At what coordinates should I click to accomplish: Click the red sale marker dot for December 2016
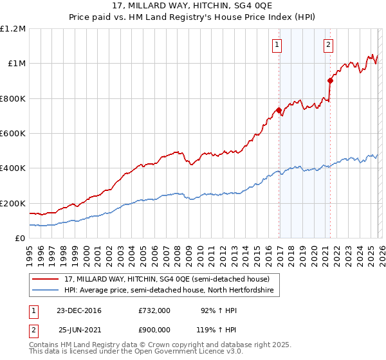coord(279,111)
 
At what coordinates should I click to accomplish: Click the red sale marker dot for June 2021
coord(330,80)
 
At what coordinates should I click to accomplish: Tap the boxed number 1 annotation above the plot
coord(277,44)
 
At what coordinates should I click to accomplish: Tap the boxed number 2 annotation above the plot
coord(328,44)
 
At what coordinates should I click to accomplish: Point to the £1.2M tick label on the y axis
coord(13,29)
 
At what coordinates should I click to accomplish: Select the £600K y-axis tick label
coord(13,134)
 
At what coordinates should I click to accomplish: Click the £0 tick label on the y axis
coord(21,239)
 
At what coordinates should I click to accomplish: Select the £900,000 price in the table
coord(154,328)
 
